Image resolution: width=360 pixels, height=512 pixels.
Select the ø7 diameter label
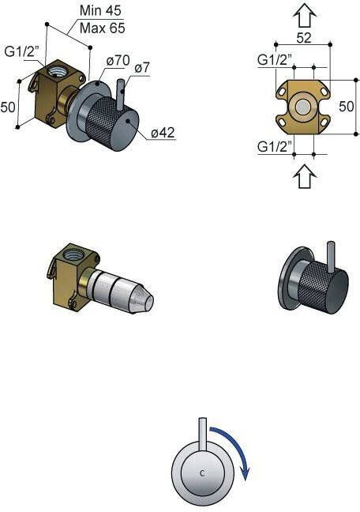point(142,69)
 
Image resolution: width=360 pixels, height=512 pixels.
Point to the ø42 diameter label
point(161,133)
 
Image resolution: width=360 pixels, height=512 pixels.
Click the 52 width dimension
point(304,38)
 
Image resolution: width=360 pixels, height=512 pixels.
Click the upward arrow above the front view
point(304,15)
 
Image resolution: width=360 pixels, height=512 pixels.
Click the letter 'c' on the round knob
point(204,473)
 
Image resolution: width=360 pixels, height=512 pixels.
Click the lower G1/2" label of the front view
point(275,146)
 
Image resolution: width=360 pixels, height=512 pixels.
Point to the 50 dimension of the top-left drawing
point(9,106)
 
